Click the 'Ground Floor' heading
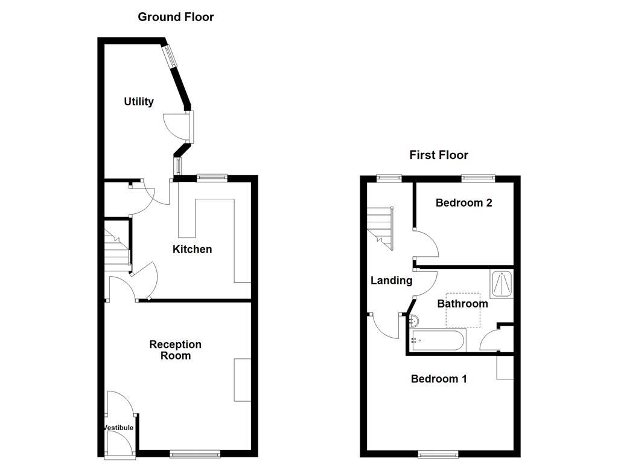pos(176,17)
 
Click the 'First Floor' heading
pos(439,155)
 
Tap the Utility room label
pos(139,101)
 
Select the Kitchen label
pos(193,249)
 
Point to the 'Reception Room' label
pos(176,350)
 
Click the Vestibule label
pos(118,428)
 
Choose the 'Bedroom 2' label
pos(463,203)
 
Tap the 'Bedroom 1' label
pos(439,379)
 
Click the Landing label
pos(391,280)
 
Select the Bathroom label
pos(462,303)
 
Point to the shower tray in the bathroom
pos(502,284)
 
